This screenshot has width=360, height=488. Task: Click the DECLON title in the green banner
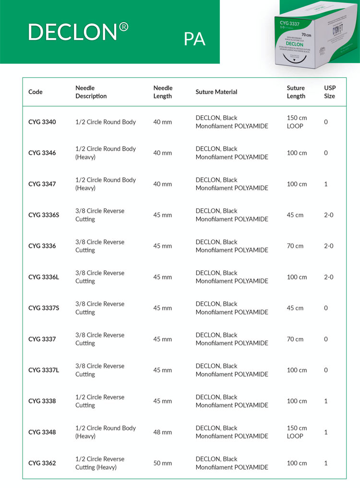(78, 32)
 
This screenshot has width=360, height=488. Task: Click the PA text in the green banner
(194, 39)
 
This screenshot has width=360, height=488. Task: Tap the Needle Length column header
(163, 92)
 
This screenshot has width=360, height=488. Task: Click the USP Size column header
(330, 92)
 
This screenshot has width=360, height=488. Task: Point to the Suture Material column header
(216, 92)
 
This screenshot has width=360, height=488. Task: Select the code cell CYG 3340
(42, 122)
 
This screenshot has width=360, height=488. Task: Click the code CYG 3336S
(44, 215)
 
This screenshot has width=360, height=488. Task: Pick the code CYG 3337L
(44, 370)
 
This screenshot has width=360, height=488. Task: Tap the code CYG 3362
(42, 464)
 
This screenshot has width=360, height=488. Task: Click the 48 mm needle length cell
(162, 432)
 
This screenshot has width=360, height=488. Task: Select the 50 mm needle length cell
(162, 464)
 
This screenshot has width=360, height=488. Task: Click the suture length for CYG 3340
(297, 122)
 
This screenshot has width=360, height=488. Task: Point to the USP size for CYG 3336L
(329, 277)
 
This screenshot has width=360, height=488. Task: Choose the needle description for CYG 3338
(100, 401)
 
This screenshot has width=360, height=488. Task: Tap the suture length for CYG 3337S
(295, 308)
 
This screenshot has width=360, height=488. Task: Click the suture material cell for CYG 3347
(232, 184)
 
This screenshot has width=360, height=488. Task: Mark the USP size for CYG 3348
(326, 432)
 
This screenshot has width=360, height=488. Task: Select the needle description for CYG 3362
(100, 463)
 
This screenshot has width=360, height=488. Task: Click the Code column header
(36, 92)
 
